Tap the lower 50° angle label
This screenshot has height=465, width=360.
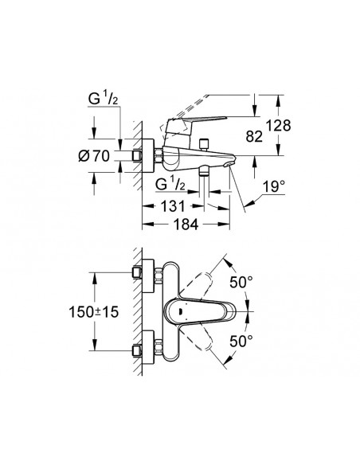click(244, 341)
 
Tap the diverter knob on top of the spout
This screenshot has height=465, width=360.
click(205, 143)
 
